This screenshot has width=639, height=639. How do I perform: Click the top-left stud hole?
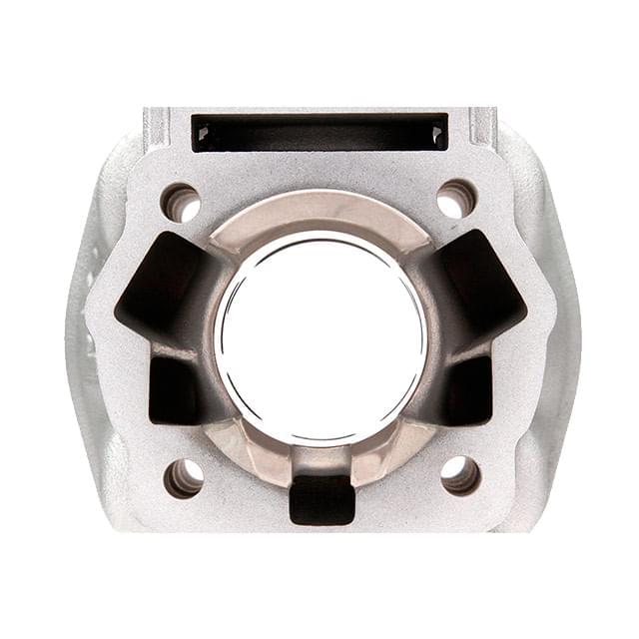click(181, 203)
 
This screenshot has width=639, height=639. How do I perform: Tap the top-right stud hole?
click(456, 199)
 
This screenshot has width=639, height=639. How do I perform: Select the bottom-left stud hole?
click(184, 477)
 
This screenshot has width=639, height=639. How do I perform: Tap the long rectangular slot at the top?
click(319, 132)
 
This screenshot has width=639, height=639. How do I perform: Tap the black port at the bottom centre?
click(321, 499)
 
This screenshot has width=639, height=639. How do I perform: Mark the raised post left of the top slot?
click(156, 126)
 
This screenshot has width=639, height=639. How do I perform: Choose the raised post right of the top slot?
click(482, 126)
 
